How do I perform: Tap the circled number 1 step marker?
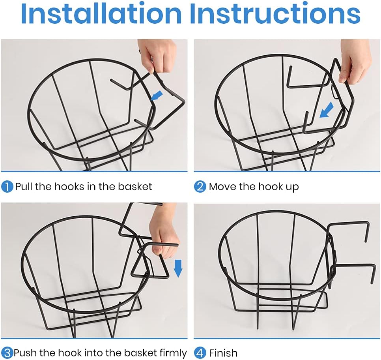pos(7,187)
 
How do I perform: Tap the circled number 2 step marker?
pos(200,187)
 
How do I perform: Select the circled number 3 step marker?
pos(7,353)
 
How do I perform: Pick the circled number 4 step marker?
pos(200,353)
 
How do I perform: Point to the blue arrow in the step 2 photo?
pos(326,110)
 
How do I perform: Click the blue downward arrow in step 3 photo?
pos(178,268)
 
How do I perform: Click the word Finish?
pos(223,353)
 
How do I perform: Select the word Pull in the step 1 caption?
pos(24,187)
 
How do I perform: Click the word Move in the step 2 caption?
pos(223,187)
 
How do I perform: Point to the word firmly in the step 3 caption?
pos(173,353)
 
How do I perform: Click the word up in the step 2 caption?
pos(293,187)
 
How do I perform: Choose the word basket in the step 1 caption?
pos(135,187)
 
